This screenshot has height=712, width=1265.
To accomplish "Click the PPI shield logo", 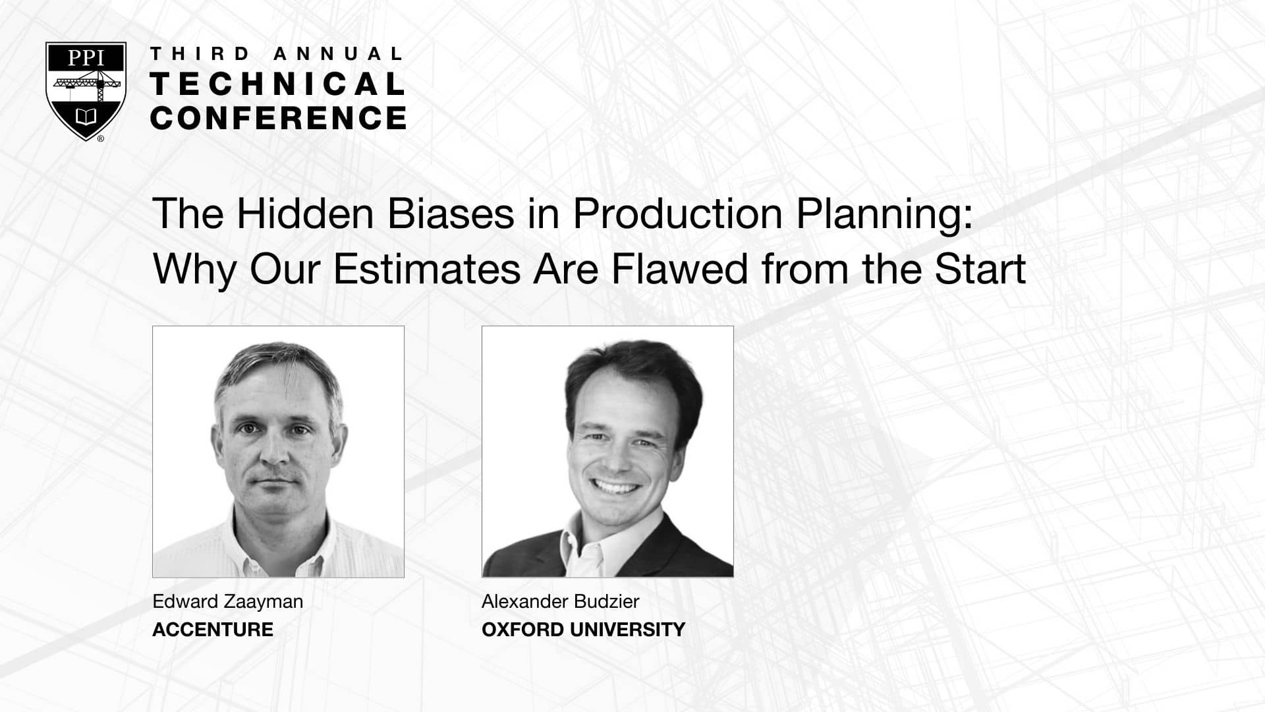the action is point(86,92).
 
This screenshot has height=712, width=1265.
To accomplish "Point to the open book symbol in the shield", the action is point(86,117).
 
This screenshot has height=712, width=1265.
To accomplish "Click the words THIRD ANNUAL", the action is point(276,54).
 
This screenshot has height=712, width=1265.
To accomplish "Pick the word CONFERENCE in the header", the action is point(278,117).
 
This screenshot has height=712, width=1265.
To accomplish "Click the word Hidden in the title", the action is point(309,214).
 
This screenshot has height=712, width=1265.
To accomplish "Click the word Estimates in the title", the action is point(427,269).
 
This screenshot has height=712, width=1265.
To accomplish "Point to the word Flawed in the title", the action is point(680,269).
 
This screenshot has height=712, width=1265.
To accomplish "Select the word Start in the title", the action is point(980,269).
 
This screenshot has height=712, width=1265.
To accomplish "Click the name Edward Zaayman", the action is point(227,602).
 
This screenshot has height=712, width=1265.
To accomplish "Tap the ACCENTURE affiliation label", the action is point(213,630).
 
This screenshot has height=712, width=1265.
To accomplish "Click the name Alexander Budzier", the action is point(560,602).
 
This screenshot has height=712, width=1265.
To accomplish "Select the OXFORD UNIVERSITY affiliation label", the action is point(583,630).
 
